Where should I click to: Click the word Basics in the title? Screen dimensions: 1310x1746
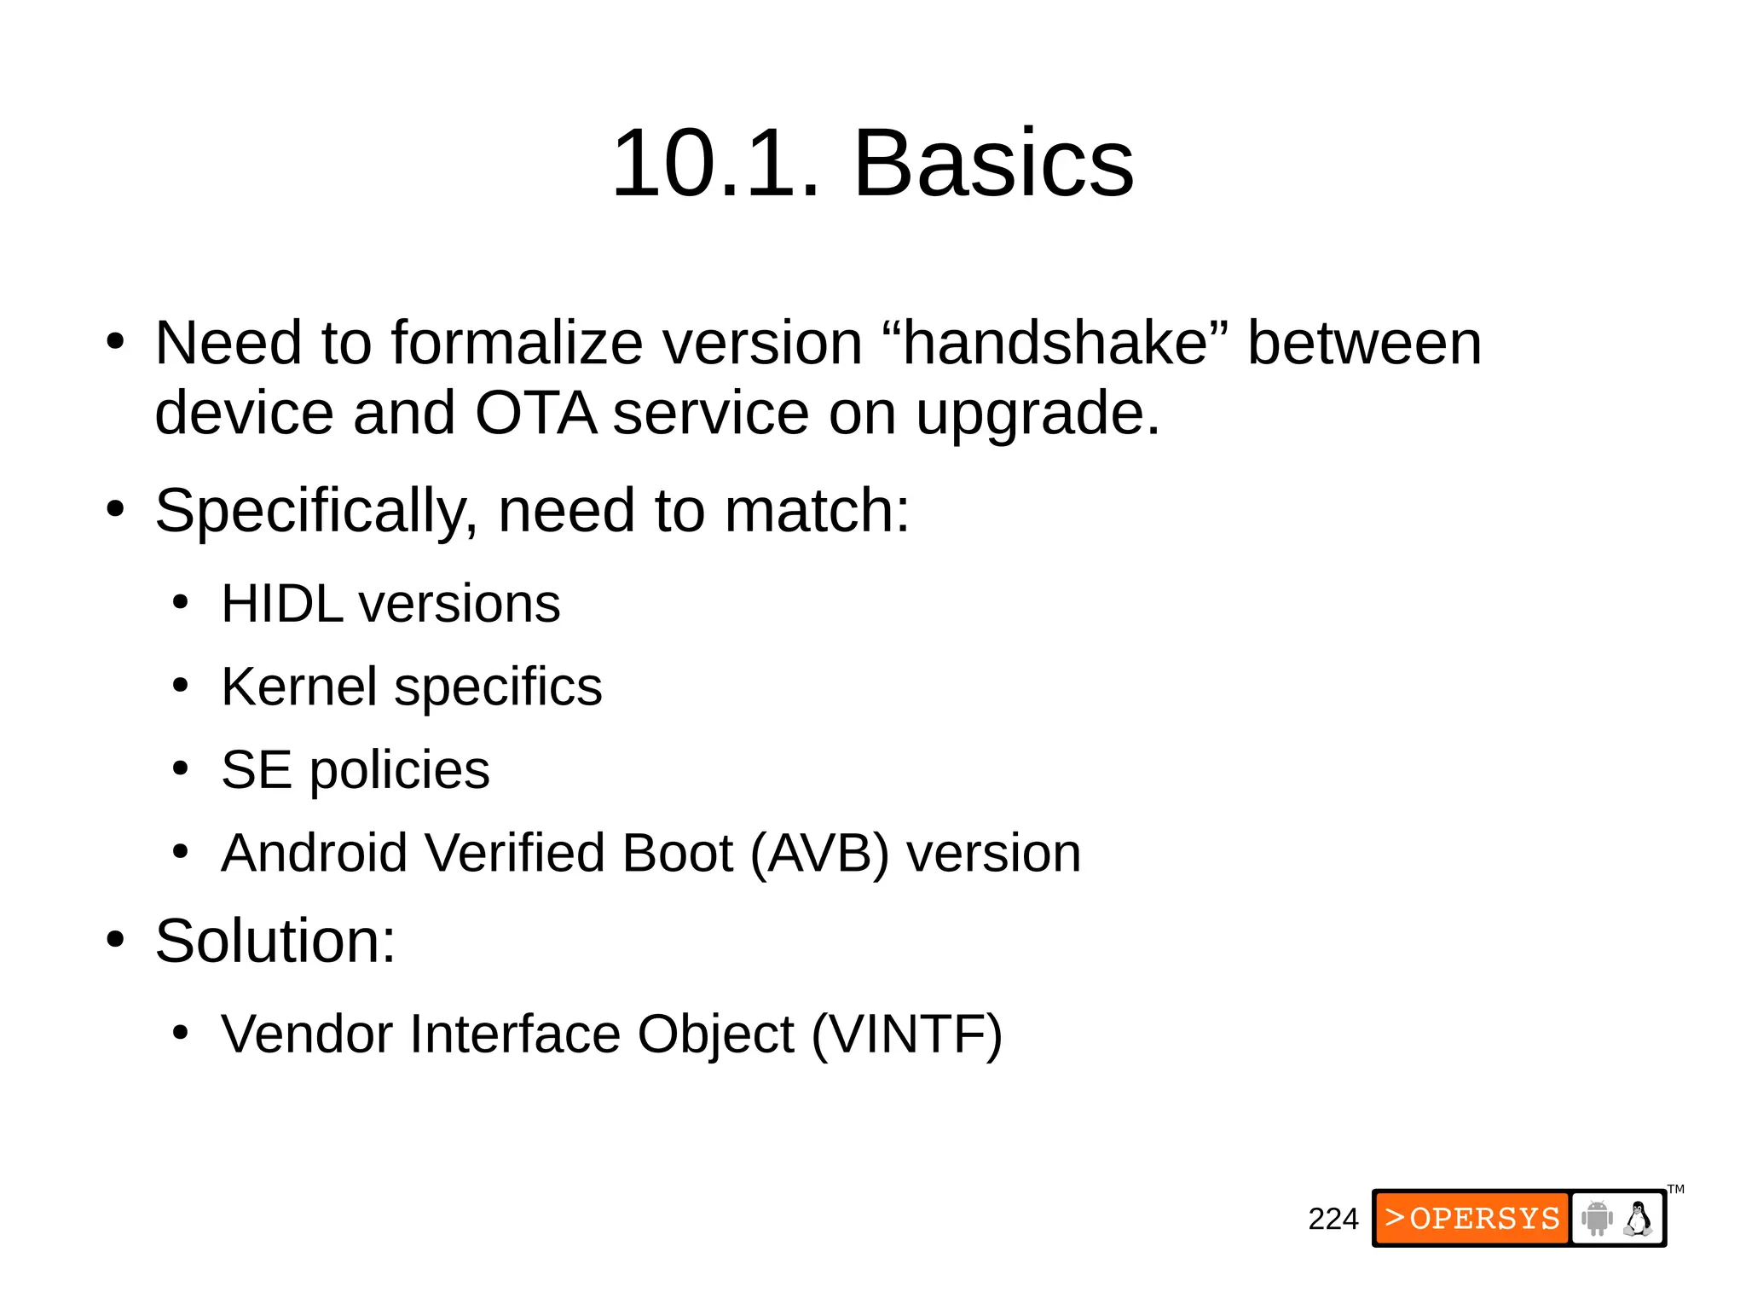pyautogui.click(x=993, y=163)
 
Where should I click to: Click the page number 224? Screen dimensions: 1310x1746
pyautogui.click(x=1333, y=1219)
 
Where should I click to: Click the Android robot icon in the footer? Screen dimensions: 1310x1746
pyautogui.click(x=1597, y=1218)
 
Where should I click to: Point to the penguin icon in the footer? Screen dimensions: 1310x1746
pyautogui.click(x=1638, y=1218)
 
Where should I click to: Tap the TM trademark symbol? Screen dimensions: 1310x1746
pyautogui.click(x=1675, y=1189)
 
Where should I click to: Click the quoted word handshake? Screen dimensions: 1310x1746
pyautogui.click(x=1055, y=343)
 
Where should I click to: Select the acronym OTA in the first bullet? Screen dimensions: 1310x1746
pyautogui.click(x=535, y=413)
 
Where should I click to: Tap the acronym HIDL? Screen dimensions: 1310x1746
pyautogui.click(x=282, y=604)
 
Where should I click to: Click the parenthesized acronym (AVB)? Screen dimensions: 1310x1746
pyautogui.click(x=819, y=854)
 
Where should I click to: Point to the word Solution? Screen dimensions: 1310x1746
pyautogui.click(x=275, y=941)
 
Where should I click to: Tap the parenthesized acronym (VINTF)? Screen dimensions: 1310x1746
pyautogui.click(x=907, y=1035)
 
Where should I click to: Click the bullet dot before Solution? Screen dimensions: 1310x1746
pyautogui.click(x=116, y=940)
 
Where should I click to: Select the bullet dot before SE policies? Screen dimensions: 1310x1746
pyautogui.click(x=180, y=768)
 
